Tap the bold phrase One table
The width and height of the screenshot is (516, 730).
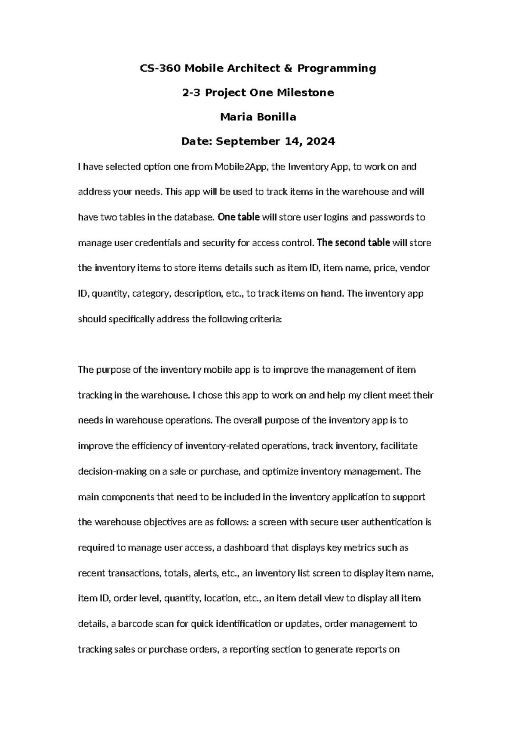click(239, 217)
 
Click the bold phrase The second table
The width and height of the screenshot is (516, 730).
click(353, 243)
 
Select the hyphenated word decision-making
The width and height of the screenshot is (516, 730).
click(112, 471)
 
